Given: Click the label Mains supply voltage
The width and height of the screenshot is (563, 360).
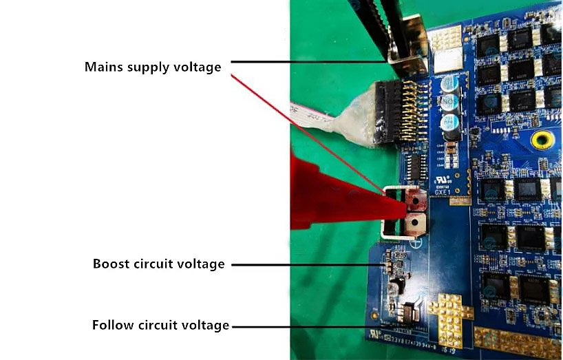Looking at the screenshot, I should [153, 67].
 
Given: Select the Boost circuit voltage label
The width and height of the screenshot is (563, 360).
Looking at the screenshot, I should [158, 264].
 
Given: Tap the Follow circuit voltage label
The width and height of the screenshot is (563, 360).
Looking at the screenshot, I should [160, 325].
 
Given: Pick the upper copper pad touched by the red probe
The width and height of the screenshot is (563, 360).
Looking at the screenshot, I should [416, 201].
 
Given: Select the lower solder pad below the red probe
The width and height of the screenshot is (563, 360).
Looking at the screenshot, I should [415, 223].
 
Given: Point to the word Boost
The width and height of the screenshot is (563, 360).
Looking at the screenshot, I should [110, 264].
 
